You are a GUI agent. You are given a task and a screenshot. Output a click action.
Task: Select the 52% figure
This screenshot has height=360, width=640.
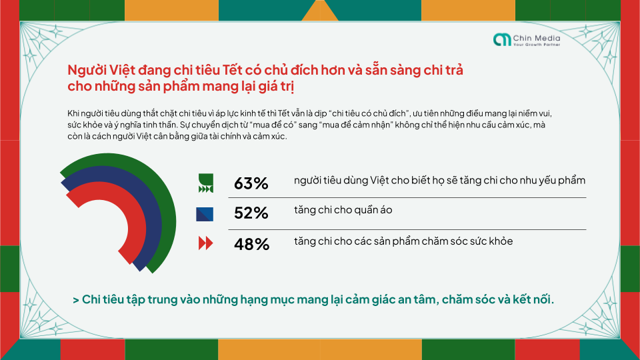251,213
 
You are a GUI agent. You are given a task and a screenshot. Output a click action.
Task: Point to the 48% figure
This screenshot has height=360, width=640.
251,244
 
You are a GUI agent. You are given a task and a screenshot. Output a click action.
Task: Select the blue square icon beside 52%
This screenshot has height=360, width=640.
205,214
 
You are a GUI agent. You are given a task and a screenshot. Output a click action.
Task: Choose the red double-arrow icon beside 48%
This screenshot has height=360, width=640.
205,244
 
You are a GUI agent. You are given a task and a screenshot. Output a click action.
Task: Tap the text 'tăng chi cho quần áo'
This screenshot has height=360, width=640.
343,210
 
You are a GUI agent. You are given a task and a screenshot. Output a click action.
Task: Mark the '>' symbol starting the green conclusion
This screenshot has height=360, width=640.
76,300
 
